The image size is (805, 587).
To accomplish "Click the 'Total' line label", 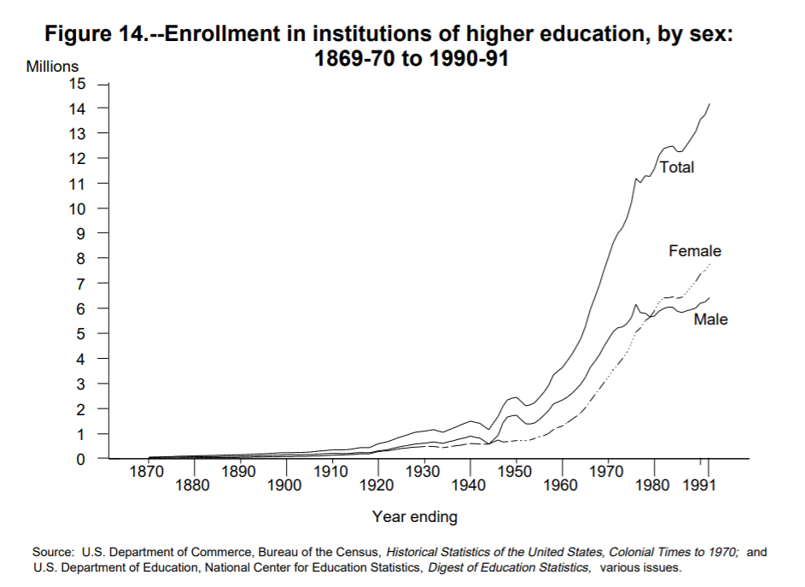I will (x=677, y=167).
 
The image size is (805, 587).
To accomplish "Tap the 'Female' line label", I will (x=695, y=251).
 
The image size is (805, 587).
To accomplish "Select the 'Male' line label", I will (x=710, y=320).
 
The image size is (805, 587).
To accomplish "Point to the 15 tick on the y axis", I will (x=79, y=84).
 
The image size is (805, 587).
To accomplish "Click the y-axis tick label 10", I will (x=79, y=209).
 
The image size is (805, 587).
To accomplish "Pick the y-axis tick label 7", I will (x=81, y=284).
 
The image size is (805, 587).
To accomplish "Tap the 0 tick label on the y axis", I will (x=81, y=460).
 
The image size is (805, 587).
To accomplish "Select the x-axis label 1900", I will (x=285, y=486).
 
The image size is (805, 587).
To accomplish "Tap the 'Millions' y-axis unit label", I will (x=52, y=67).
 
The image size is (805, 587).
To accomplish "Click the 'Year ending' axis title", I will (x=415, y=517).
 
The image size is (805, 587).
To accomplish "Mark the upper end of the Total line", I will (x=709, y=103).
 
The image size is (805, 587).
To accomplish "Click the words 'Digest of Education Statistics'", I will (x=509, y=567).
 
